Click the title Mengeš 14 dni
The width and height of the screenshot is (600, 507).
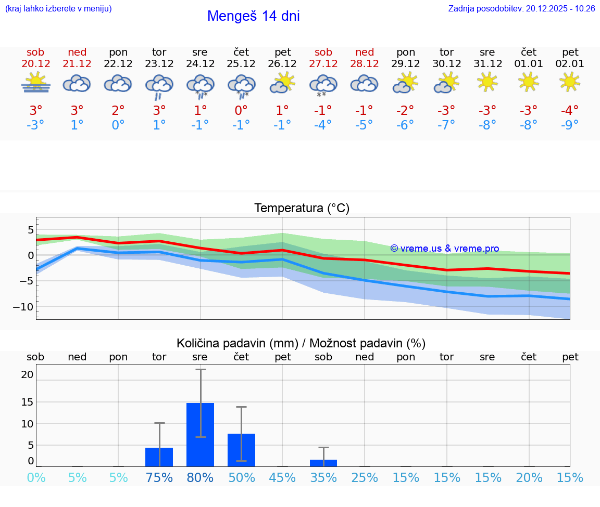tap(253, 16)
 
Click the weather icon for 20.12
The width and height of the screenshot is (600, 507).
tap(35, 83)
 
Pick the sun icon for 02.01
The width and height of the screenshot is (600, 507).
tap(570, 82)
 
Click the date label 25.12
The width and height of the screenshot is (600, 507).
tap(241, 63)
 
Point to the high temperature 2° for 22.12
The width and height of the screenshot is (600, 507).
tap(118, 111)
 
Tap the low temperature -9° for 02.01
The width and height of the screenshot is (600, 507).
tap(570, 125)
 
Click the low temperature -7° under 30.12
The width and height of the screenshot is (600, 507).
tap(446, 125)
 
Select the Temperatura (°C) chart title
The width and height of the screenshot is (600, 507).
tap(302, 209)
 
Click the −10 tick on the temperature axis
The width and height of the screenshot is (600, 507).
tap(22, 307)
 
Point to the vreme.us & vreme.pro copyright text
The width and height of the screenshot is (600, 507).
tap(445, 249)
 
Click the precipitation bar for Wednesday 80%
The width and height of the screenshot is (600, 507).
tap(200, 434)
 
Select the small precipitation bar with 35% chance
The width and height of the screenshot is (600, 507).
tap(323, 463)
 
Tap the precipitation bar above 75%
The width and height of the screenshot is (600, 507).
tap(159, 457)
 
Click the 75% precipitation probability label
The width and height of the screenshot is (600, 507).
tap(159, 478)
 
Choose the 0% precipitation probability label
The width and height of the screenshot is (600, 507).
tap(36, 478)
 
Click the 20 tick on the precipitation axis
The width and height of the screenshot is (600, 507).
tap(27, 374)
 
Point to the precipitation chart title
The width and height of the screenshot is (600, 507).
tap(301, 343)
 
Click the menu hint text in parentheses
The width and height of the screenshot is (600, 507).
tap(58, 8)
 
